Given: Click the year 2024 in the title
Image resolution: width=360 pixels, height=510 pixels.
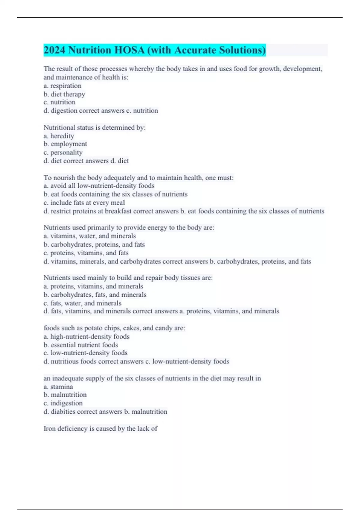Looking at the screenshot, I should point(54,50).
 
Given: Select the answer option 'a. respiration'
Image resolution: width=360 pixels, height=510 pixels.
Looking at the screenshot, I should point(62,86).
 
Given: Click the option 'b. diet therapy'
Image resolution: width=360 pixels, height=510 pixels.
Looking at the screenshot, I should point(64,94).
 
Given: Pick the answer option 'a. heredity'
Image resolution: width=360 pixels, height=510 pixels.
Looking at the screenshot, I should point(59,136).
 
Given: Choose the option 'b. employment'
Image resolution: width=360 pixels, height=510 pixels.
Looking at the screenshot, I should point(65,144).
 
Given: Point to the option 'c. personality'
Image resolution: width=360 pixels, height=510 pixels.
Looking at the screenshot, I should point(63,152).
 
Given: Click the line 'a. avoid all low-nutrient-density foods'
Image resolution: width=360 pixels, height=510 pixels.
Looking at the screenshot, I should point(99,186).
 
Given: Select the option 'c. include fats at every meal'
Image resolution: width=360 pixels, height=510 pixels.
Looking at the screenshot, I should point(84,202).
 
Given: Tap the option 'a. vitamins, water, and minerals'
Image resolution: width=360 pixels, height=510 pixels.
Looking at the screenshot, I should point(89,236).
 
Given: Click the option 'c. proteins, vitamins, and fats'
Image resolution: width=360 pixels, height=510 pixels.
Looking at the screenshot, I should point(86,253).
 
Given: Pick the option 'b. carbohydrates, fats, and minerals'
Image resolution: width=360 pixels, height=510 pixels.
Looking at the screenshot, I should point(95,295).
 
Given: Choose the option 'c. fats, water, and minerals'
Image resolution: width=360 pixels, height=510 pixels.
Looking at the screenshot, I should point(82,303).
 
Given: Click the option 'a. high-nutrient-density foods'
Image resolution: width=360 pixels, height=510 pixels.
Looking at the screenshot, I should point(86,337).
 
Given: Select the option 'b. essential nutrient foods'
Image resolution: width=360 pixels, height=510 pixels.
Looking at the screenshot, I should point(81,345).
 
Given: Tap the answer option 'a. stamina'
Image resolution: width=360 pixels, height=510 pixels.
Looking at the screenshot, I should point(58,387).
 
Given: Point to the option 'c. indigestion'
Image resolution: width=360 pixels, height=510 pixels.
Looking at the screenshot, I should point(63,403).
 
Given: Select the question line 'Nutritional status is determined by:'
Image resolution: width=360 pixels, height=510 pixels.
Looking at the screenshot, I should point(94,127).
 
